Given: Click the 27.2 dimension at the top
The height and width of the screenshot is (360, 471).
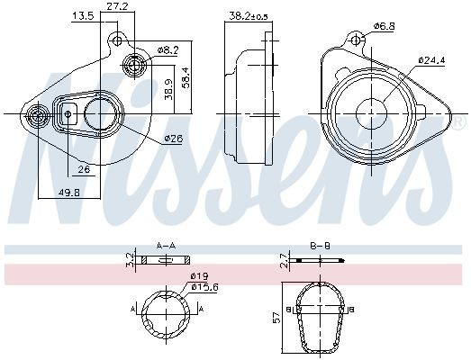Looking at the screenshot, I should coord(116,6).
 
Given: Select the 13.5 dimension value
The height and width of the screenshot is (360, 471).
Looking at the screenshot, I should coord(83,16).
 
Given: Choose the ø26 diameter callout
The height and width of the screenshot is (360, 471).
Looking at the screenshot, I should coord(172,138).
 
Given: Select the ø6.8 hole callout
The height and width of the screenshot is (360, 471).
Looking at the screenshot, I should coord(385,26).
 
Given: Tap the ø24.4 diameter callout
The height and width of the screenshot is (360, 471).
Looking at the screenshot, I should coord(431,61).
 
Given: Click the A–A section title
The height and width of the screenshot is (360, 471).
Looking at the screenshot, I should coord(166,245).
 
